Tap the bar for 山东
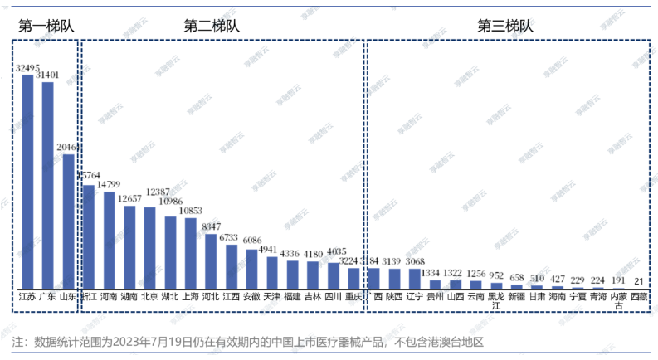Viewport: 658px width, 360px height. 68,221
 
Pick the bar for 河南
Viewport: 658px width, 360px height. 109,241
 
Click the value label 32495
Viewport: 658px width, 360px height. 27,67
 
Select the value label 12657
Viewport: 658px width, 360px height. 129,198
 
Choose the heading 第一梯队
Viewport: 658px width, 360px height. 46,25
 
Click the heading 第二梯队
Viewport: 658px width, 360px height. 212,25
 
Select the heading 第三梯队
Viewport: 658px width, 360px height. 505,25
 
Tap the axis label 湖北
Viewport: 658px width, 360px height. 170,296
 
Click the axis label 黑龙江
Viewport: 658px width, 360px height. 496,300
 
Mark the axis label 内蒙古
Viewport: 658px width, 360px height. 618,300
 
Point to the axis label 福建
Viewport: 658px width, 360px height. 292,296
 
